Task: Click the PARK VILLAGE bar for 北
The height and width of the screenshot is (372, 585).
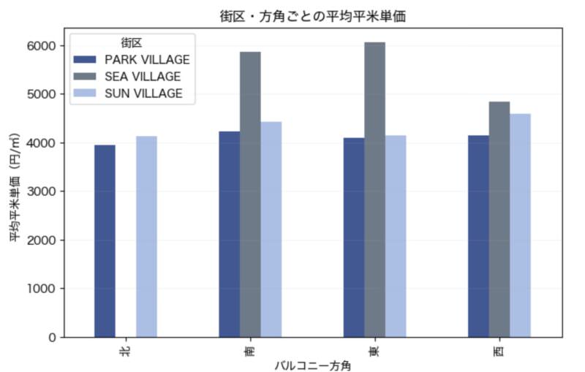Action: (105, 241)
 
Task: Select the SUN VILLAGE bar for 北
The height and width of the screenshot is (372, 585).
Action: (146, 237)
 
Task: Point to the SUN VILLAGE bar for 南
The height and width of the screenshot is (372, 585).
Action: (271, 229)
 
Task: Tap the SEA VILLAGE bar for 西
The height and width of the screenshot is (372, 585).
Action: (499, 219)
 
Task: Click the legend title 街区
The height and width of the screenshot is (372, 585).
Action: (132, 42)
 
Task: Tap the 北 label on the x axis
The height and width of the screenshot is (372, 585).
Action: (125, 352)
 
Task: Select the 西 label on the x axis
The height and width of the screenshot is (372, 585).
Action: (499, 352)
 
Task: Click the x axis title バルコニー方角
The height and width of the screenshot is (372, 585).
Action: (312, 365)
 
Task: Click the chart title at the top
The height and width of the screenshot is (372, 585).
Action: (312, 15)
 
